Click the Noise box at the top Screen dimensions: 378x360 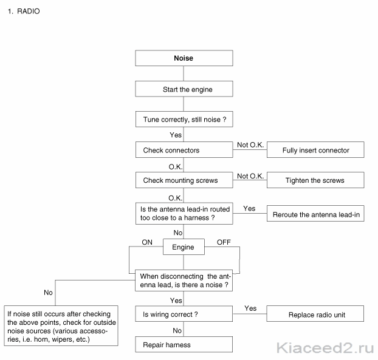point(184,58)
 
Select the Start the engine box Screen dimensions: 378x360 point(184,89)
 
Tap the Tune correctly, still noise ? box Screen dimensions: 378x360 point(184,119)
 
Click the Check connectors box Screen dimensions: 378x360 point(184,149)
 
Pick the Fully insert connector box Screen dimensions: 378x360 point(315,149)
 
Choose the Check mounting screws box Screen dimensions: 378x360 point(184,180)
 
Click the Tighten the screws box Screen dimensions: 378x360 point(315,180)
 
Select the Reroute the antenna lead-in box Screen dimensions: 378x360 point(315,213)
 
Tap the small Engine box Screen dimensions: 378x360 point(184,247)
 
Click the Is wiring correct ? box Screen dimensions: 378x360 point(184,314)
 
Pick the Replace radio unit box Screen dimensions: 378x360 point(315,313)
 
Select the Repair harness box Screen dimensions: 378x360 point(184,345)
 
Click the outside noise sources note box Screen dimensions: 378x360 point(61,326)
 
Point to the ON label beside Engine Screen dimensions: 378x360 point(147,242)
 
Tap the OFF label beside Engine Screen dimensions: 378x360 point(224,242)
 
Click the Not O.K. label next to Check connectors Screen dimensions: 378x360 point(250,144)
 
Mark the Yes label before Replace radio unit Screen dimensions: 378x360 point(250,308)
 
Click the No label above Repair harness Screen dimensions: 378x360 point(177,331)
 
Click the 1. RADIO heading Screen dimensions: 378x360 point(24,12)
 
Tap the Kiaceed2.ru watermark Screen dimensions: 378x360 point(325,348)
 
